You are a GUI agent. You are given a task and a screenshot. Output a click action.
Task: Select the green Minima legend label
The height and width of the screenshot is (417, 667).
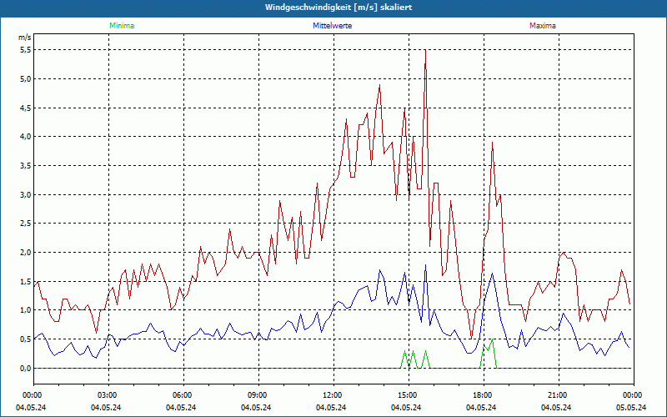click(121, 26)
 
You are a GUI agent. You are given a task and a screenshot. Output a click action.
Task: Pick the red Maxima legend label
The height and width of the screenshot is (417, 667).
click(542, 26)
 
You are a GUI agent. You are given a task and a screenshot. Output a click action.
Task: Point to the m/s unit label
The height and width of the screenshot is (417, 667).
click(24, 38)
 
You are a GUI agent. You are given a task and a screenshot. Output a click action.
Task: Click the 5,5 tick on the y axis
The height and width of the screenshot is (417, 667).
click(25, 50)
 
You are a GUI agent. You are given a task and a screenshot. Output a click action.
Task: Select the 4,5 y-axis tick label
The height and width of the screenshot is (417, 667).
click(25, 108)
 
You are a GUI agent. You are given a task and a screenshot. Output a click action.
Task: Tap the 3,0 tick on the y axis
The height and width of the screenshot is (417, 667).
click(25, 194)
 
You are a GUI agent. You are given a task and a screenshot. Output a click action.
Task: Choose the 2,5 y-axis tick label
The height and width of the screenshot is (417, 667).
click(25, 224)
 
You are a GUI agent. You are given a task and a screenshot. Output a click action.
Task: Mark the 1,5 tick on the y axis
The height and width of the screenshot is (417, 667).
click(25, 281)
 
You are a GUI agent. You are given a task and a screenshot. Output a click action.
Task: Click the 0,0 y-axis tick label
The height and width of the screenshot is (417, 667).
click(25, 368)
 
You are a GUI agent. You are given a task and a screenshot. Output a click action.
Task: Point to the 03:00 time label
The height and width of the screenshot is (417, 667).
click(108, 395)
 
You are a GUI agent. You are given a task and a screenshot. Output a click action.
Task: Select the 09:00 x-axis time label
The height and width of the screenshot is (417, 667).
click(257, 395)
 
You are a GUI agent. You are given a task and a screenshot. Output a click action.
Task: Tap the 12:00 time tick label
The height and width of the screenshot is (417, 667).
click(332, 395)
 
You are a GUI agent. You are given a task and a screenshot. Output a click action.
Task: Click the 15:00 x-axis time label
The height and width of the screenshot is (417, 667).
click(407, 395)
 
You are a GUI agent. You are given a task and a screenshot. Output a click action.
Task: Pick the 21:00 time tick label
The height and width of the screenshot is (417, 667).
click(557, 395)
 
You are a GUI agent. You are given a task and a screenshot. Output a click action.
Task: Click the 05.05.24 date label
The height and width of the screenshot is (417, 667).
click(631, 407)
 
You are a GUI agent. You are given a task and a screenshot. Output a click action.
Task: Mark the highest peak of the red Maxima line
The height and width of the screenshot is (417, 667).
click(425, 50)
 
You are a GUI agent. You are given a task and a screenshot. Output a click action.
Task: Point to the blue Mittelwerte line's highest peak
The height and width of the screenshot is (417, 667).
click(425, 265)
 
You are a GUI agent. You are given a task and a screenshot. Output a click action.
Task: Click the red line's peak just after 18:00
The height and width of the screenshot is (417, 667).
click(493, 143)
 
